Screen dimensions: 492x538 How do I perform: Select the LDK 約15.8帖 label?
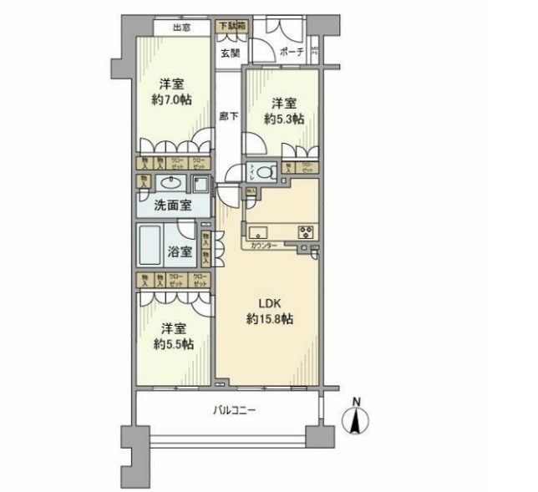(x=268, y=310)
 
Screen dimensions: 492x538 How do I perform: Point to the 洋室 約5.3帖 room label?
(x=283, y=112)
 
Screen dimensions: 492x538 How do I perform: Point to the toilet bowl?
(x=266, y=173)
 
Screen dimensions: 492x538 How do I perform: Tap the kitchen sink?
(x=256, y=232)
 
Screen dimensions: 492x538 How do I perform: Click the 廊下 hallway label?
(x=226, y=117)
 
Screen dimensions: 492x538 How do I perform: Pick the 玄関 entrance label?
(x=230, y=53)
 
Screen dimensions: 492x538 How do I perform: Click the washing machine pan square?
(x=200, y=184)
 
